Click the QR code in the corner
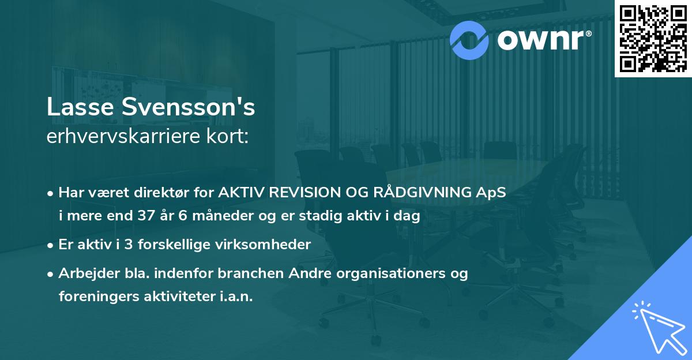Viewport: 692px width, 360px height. coord(653,39)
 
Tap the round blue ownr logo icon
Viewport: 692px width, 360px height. coord(470,39)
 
